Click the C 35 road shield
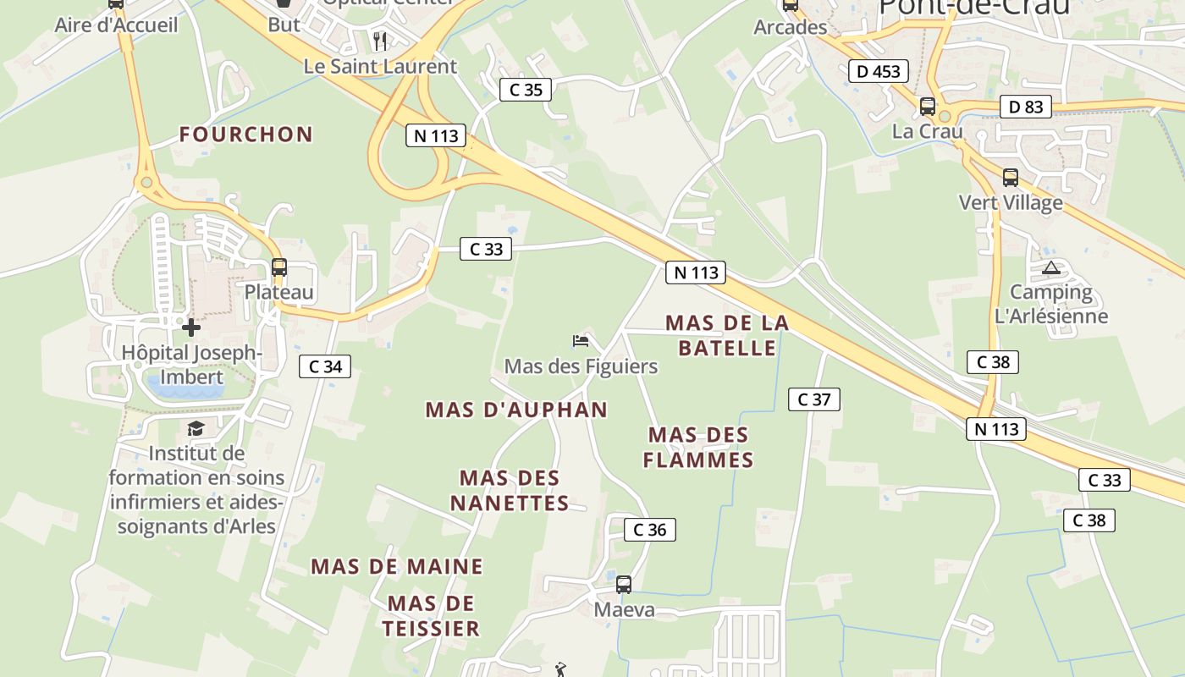pos(525,89)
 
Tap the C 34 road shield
pos(325,366)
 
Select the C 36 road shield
pos(650,530)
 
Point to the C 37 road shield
pos(814,399)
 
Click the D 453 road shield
pos(879,71)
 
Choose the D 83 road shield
pos(1026,107)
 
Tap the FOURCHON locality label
pos(246,134)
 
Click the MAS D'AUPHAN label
pos(516,410)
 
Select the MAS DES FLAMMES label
pos(698,447)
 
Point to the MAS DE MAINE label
pos(397,566)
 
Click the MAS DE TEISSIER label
pos(431,615)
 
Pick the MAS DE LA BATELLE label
pos(727,335)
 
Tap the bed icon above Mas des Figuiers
pos(581,341)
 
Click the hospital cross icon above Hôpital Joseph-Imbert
pos(191,327)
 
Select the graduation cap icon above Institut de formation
pos(196,428)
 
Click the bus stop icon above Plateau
pos(279,267)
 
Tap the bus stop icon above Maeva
pos(624,584)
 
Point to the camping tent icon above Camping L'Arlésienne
pos(1051,268)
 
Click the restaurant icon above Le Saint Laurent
pos(380,41)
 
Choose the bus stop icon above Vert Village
pos(1011,178)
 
